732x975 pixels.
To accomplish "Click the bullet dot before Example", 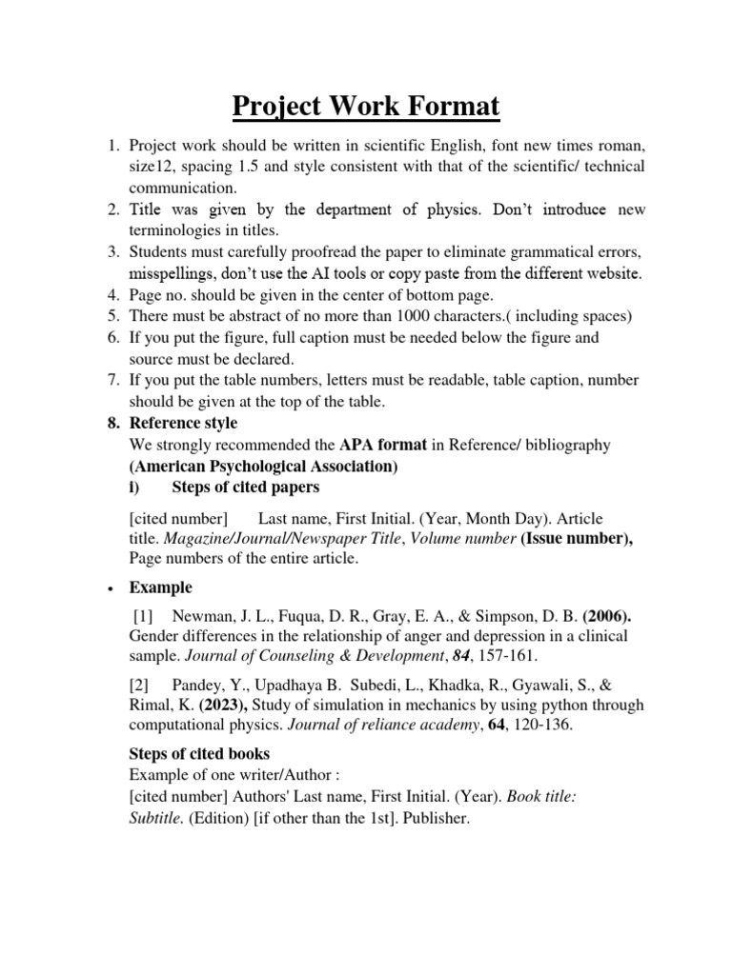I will (x=112, y=587).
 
